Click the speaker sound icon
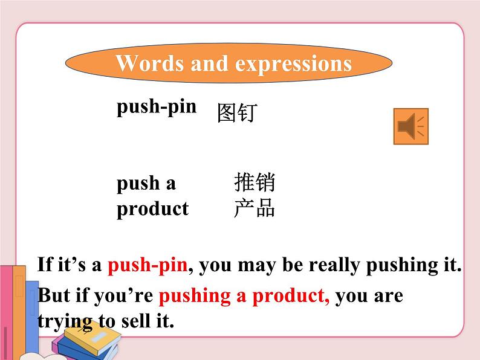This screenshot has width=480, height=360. coord(411,126)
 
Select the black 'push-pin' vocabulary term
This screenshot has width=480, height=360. coord(157,107)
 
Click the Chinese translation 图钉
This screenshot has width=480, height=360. coord(237,113)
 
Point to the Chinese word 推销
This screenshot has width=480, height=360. coord(255,182)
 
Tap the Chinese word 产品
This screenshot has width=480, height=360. coord(255,208)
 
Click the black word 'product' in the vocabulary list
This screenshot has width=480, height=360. coord(152,209)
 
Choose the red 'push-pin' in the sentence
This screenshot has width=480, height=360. coord(148,265)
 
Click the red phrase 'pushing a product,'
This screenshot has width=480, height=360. coord(244,296)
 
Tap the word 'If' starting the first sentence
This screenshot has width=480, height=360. coord(44,265)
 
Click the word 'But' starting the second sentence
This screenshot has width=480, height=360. coord(53,296)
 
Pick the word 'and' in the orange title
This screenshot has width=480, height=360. coord(209,63)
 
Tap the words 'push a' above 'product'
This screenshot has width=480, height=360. coord(146,183)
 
